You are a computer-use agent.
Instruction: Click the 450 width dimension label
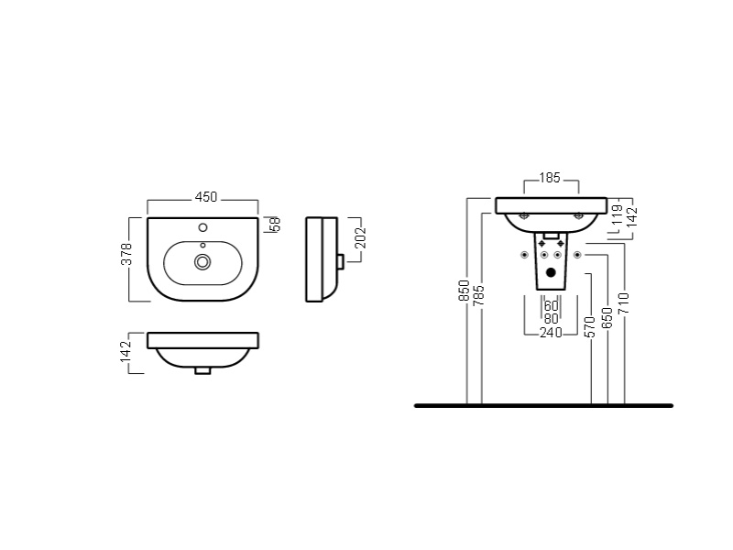(x=206, y=197)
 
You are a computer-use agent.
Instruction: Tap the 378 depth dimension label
(x=127, y=254)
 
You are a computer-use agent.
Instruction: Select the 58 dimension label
(x=275, y=224)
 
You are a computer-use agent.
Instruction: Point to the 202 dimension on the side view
(x=360, y=237)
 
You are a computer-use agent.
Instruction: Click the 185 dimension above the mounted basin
(x=550, y=178)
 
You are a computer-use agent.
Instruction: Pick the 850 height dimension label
(x=464, y=291)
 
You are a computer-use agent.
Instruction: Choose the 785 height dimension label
(x=478, y=295)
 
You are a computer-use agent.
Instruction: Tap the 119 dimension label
(x=617, y=215)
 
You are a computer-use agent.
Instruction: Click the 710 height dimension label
(x=624, y=303)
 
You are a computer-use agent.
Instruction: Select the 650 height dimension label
(x=607, y=318)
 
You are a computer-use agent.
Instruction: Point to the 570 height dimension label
(x=590, y=327)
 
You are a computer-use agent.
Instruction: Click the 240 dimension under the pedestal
(x=551, y=333)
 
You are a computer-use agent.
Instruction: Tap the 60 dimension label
(x=552, y=306)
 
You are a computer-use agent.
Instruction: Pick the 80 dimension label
(x=552, y=319)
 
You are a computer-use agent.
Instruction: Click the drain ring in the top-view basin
(x=202, y=262)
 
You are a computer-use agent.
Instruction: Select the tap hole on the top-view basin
(x=202, y=227)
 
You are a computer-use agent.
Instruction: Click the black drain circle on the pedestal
(x=552, y=271)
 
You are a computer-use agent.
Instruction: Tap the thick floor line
(x=543, y=405)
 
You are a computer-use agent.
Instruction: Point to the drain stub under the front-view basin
(x=202, y=370)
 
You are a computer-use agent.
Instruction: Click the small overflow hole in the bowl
(x=202, y=245)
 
